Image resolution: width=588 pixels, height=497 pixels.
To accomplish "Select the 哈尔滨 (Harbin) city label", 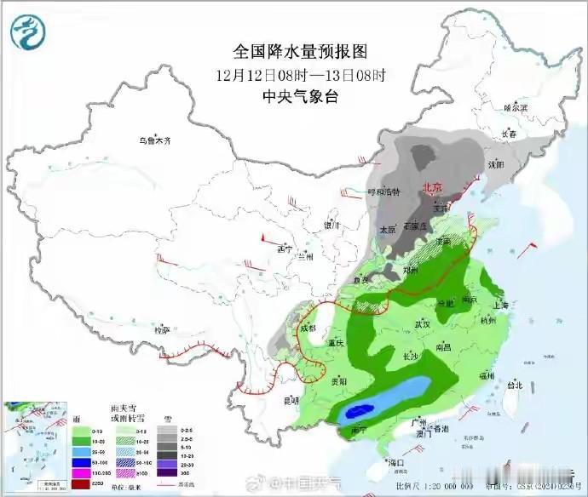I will [x=516, y=108].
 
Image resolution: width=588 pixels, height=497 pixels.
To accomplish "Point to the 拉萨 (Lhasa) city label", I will [x=161, y=328].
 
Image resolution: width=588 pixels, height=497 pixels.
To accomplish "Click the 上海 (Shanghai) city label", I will [x=499, y=305].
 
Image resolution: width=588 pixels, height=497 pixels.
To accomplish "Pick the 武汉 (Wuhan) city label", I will [x=421, y=324].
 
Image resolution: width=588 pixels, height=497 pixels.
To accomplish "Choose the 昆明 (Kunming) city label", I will [x=291, y=399].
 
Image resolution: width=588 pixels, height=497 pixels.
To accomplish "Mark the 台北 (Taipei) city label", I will [x=514, y=385].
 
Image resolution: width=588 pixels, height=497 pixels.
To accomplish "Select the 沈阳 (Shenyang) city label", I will [x=494, y=163].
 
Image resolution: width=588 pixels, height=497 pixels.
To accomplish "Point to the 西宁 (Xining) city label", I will [x=285, y=249].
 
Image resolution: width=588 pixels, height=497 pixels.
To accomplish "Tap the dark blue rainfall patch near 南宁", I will [x=359, y=412].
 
